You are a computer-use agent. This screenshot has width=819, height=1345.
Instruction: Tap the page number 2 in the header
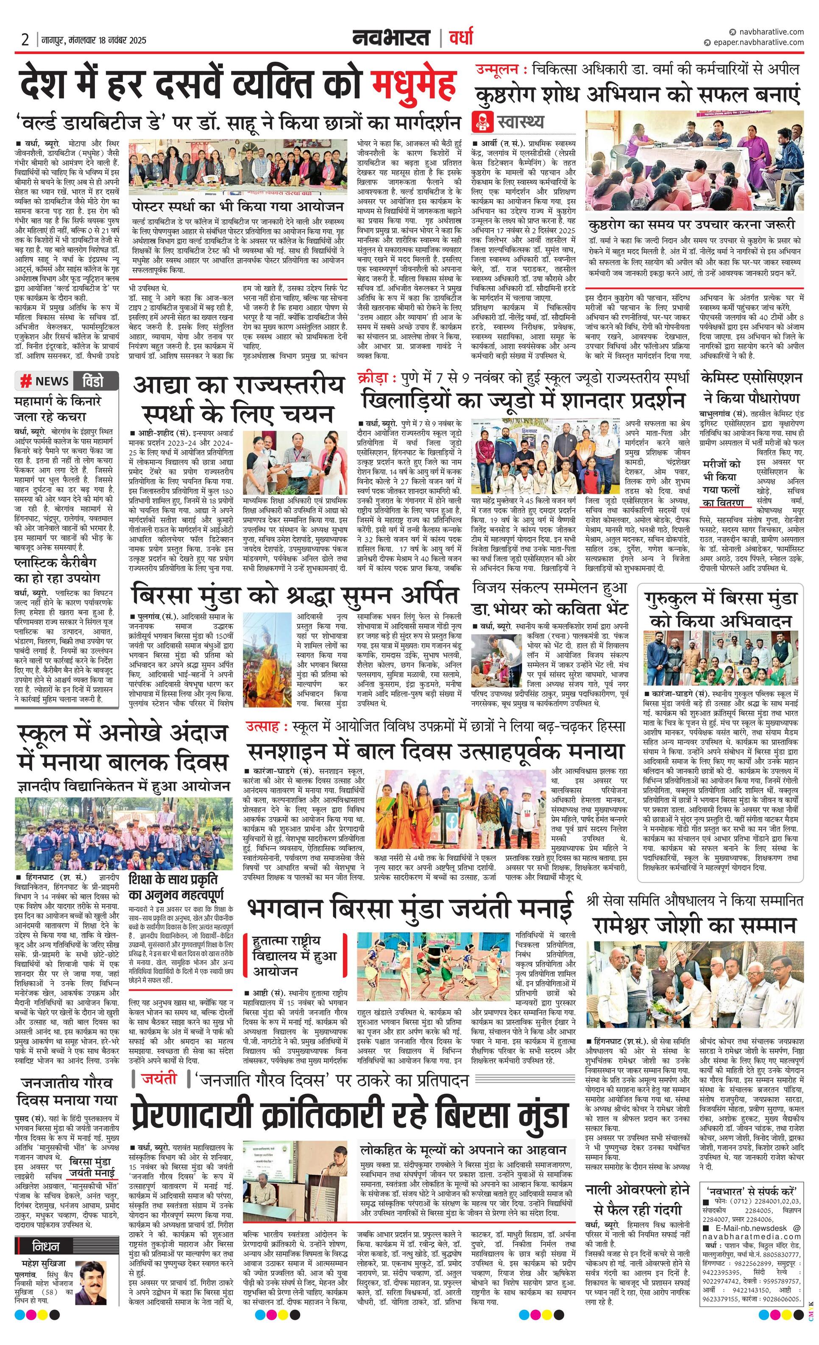tap(25, 40)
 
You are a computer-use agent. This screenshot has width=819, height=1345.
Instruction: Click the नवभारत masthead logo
tap(390, 38)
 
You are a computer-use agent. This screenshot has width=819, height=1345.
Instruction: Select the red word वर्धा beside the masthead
tap(461, 38)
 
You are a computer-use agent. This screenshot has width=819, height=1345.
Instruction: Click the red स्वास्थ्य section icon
tap(483, 120)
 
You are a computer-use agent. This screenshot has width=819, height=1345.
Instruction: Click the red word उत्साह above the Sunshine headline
tap(263, 727)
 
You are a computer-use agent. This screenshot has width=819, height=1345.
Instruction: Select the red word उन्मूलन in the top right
tap(497, 70)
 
